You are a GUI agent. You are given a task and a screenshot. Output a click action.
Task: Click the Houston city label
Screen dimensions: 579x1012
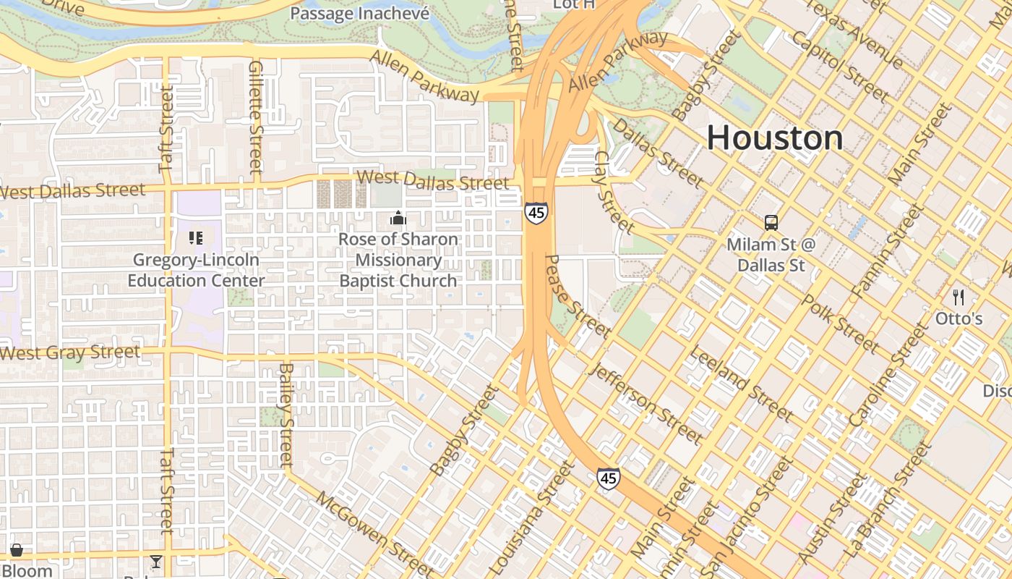pyautogui.click(x=774, y=138)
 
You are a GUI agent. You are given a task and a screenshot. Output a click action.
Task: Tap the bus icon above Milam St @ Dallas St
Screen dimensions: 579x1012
pyautogui.click(x=771, y=222)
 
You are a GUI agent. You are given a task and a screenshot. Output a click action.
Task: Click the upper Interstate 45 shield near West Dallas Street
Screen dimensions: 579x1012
pyautogui.click(x=536, y=213)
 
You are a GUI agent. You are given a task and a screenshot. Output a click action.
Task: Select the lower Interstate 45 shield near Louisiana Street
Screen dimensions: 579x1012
pyautogui.click(x=608, y=478)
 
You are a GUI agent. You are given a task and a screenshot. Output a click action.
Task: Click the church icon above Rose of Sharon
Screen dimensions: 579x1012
pyautogui.click(x=398, y=218)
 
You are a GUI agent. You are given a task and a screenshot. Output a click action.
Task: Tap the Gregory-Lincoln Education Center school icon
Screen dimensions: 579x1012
pyautogui.click(x=195, y=237)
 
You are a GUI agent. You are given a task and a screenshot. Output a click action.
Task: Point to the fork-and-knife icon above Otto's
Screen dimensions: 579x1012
pyautogui.click(x=959, y=297)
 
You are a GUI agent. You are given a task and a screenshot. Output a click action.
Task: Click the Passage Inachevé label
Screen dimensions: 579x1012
pyautogui.click(x=359, y=13)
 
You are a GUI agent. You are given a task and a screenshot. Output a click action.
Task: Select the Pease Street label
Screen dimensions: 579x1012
pyautogui.click(x=576, y=296)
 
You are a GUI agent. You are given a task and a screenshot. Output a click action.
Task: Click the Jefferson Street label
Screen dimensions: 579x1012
pyautogui.click(x=646, y=402)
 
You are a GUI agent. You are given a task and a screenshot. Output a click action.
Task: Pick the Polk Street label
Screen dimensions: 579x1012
pyautogui.click(x=840, y=324)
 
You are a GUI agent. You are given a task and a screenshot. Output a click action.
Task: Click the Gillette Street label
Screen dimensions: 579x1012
pyautogui.click(x=254, y=117)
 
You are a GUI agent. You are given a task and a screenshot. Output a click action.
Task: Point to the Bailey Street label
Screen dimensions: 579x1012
pyautogui.click(x=286, y=414)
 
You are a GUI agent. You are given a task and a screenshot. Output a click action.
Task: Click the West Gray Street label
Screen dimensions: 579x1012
pyautogui.click(x=70, y=353)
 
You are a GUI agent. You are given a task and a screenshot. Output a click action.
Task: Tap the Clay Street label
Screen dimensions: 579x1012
pyautogui.click(x=614, y=193)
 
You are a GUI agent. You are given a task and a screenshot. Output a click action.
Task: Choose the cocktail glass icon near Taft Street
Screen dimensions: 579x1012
pyautogui.click(x=155, y=562)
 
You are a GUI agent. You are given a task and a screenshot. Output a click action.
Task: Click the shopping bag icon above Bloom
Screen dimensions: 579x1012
pyautogui.click(x=16, y=551)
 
